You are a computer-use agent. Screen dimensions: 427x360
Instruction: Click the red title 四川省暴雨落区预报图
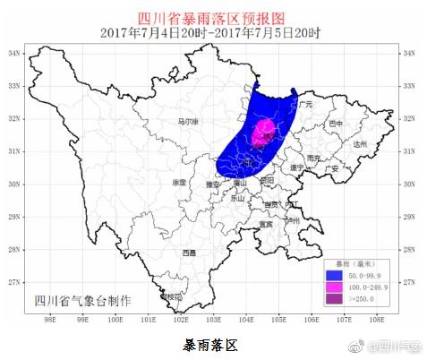click(x=212, y=16)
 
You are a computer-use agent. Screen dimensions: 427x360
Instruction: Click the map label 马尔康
click(x=188, y=122)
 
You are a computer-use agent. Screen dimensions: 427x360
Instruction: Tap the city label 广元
click(x=303, y=105)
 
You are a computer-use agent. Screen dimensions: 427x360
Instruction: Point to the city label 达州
click(x=361, y=143)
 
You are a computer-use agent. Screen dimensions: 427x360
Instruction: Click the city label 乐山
click(x=238, y=198)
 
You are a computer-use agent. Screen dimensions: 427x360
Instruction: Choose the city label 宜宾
click(x=265, y=224)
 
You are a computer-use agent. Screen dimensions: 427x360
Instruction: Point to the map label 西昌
click(x=188, y=253)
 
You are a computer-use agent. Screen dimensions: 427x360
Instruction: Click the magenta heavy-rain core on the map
click(x=263, y=133)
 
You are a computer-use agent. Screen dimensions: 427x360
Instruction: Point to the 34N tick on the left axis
click(x=14, y=54)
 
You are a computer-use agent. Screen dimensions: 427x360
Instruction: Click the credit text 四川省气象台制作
click(x=81, y=301)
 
